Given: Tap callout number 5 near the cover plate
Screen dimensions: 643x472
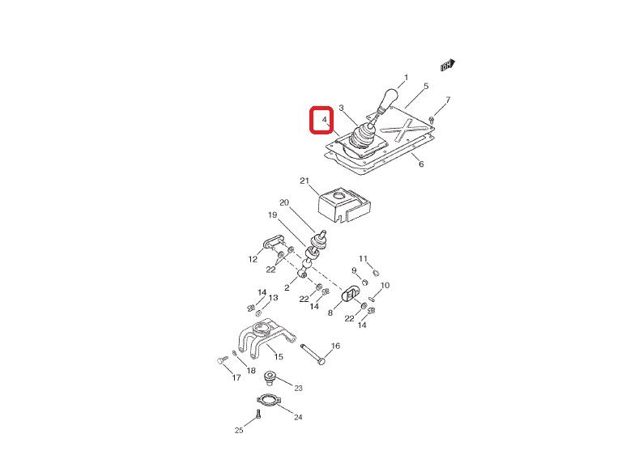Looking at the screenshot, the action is click(x=426, y=86).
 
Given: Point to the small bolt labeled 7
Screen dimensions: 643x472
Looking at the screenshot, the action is click(x=432, y=119).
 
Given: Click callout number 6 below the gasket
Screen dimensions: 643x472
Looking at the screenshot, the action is click(x=421, y=164).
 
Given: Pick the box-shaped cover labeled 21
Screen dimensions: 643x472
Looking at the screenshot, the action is click(x=344, y=206).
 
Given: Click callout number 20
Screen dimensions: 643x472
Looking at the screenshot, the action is click(x=283, y=202).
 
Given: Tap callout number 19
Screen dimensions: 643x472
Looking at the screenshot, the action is click(x=273, y=215).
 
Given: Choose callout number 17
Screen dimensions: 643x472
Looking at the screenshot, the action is click(x=236, y=377).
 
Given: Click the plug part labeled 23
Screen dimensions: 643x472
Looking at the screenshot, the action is click(x=270, y=378).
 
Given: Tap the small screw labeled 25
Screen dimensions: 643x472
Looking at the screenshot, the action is click(x=258, y=415).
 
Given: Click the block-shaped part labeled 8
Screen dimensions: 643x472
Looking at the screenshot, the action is click(x=350, y=294).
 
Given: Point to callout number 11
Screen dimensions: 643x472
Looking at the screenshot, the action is click(x=364, y=259).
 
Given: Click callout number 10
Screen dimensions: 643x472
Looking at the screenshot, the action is click(x=385, y=286).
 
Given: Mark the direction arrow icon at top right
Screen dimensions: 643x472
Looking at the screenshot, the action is click(x=448, y=65).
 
